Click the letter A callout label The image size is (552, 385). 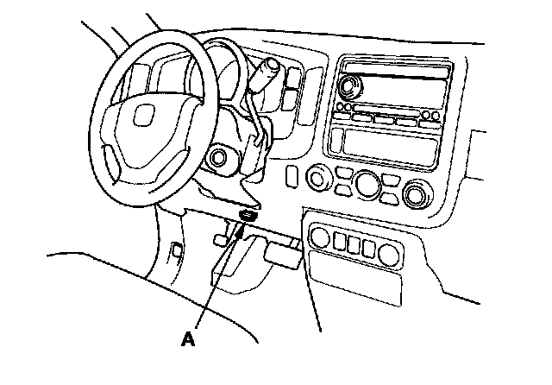tap(188, 339)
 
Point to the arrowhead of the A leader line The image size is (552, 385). tap(240, 232)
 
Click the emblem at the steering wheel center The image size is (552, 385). tap(144, 115)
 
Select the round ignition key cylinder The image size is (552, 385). tap(217, 157)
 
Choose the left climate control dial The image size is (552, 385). tap(318, 178)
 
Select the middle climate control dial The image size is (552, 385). tap(368, 185)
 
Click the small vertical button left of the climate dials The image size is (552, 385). tap(292, 175)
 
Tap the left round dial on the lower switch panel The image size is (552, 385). tap(320, 237)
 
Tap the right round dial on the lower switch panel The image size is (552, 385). tap(389, 255)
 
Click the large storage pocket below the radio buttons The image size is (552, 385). tap(390, 145)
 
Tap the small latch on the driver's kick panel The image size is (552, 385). tap(177, 250)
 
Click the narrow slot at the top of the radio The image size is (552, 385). tap(397, 69)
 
